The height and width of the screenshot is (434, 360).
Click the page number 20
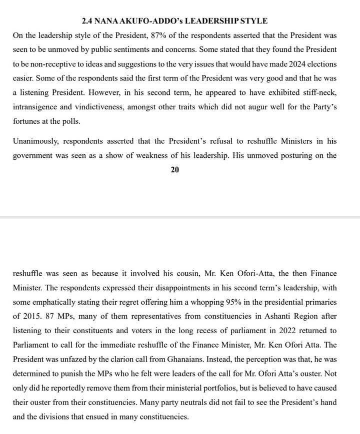pyautogui.click(x=175, y=170)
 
